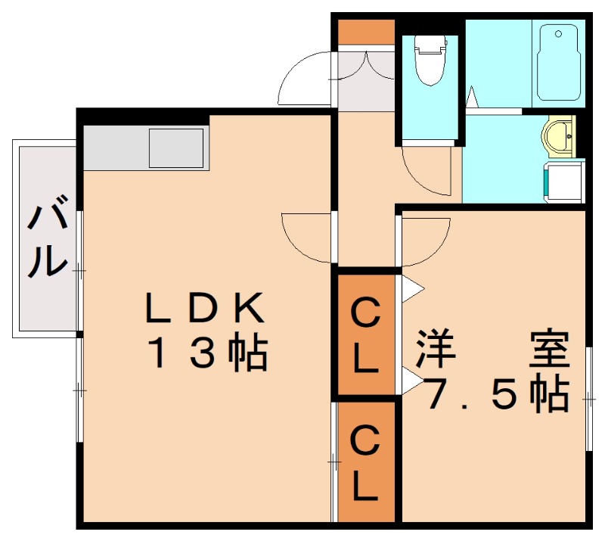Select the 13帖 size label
(207, 353)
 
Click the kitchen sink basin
(176, 148)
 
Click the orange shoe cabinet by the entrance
(365, 32)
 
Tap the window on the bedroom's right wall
(588, 397)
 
